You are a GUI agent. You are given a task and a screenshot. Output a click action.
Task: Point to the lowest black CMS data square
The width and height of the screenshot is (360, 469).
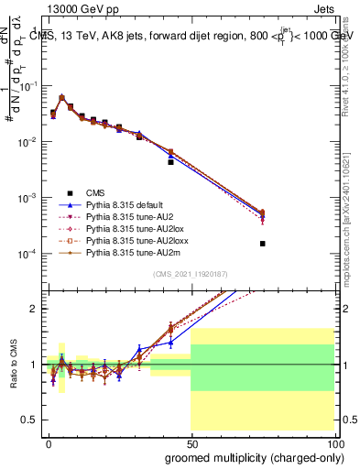263,244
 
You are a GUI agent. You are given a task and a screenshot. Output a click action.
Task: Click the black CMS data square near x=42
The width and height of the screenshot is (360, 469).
170,160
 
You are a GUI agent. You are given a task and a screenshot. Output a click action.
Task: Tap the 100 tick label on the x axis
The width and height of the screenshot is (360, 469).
335,442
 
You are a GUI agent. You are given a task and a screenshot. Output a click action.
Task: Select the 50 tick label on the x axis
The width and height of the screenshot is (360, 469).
191,442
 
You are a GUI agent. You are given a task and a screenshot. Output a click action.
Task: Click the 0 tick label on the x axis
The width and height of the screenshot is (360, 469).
48,442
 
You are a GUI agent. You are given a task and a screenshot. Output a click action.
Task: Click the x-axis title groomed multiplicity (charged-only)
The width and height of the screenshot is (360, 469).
253,456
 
